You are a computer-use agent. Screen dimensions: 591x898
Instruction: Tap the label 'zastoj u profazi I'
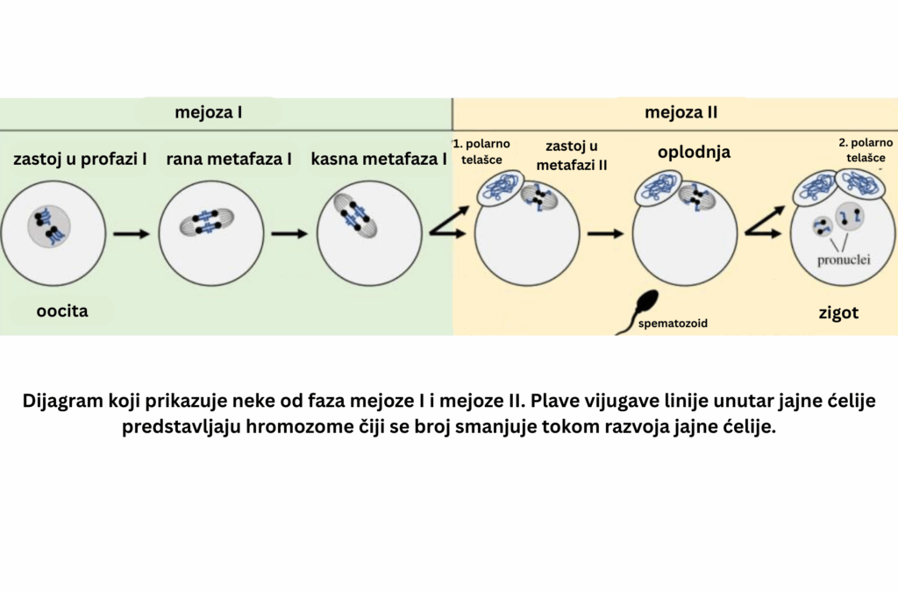[81, 160]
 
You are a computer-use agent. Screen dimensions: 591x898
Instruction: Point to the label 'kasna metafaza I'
[378, 160]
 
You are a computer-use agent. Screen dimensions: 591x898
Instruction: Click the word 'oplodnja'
[694, 153]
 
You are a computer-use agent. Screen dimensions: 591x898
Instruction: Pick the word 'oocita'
[62, 310]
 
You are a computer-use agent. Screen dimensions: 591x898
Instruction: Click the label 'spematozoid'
[673, 323]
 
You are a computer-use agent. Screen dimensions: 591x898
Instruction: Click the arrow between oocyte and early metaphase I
[132, 234]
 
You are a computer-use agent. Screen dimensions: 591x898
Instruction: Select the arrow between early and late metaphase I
[289, 234]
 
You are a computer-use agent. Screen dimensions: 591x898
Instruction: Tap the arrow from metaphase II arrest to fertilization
[605, 234]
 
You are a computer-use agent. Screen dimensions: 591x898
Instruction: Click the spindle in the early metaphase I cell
[208, 222]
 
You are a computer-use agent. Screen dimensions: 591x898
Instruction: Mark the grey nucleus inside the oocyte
[49, 226]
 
